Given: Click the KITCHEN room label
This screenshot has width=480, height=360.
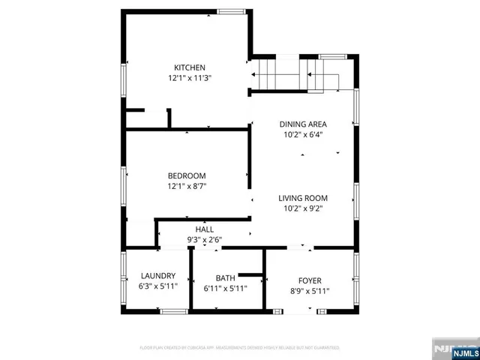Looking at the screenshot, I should pyautogui.click(x=190, y=67).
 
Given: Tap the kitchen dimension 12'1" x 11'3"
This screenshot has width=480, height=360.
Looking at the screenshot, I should pyautogui.click(x=190, y=77).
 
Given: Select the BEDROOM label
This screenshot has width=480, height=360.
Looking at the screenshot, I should pyautogui.click(x=187, y=175).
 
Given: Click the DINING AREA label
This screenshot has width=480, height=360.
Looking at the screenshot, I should pyautogui.click(x=303, y=124).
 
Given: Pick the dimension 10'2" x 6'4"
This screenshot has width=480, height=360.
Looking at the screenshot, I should pyautogui.click(x=303, y=135).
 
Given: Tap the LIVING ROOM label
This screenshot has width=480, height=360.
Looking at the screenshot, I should pyautogui.click(x=303, y=198).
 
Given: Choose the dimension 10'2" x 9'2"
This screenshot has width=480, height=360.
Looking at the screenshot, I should pyautogui.click(x=303, y=208).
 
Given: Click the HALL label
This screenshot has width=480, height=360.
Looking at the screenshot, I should pyautogui.click(x=205, y=229).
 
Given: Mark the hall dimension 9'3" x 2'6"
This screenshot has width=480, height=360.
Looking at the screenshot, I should pyautogui.click(x=205, y=240).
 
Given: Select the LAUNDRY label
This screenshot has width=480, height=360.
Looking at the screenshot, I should pyautogui.click(x=157, y=276).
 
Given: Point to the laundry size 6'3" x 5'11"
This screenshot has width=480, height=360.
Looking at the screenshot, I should pyautogui.click(x=157, y=286).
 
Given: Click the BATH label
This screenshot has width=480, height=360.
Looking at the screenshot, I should pyautogui.click(x=225, y=277).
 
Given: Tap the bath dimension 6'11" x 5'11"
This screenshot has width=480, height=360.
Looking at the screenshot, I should pyautogui.click(x=225, y=288).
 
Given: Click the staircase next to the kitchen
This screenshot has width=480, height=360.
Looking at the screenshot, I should pyautogui.click(x=292, y=75).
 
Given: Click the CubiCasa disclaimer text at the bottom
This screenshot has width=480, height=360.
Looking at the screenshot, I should pyautogui.click(x=240, y=348).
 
